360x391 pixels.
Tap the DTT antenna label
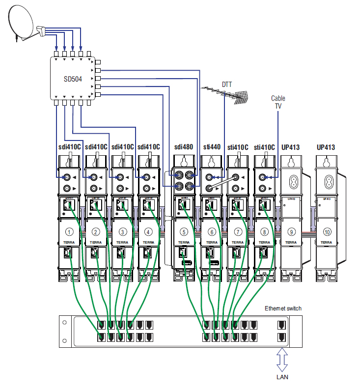pos(226,84)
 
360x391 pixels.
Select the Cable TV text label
pos(278,102)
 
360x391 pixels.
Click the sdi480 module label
pos(184,147)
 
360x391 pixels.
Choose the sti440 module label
pos(212,147)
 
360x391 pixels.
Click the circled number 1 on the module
pos(70,231)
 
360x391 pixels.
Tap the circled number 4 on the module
pos(148,231)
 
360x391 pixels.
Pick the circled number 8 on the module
pos(264,231)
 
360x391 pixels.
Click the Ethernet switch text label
pos(283,308)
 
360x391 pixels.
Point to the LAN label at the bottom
pos(282,377)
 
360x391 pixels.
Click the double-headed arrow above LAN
pos(282,359)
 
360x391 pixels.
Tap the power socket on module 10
pos(326,182)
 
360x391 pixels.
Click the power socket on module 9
pos(291,182)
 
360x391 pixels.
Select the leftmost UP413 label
pos(290,147)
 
